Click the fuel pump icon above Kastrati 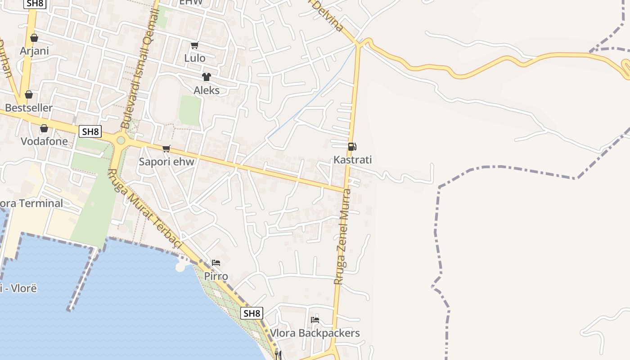click(x=352, y=146)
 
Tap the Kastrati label click(x=352, y=160)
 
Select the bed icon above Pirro click(x=216, y=263)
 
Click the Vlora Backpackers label click(x=315, y=333)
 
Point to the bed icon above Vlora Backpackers click(x=315, y=320)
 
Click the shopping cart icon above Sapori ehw click(x=166, y=148)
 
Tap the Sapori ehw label click(x=166, y=162)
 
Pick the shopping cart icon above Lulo click(x=194, y=45)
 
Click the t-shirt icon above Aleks click(x=206, y=77)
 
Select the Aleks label click(x=207, y=90)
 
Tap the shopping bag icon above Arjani click(x=34, y=38)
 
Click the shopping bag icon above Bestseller click(x=29, y=94)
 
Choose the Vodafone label click(x=44, y=141)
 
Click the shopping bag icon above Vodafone click(x=44, y=129)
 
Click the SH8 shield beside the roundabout click(x=90, y=131)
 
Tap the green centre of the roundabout click(x=121, y=140)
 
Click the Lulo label click(x=195, y=58)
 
